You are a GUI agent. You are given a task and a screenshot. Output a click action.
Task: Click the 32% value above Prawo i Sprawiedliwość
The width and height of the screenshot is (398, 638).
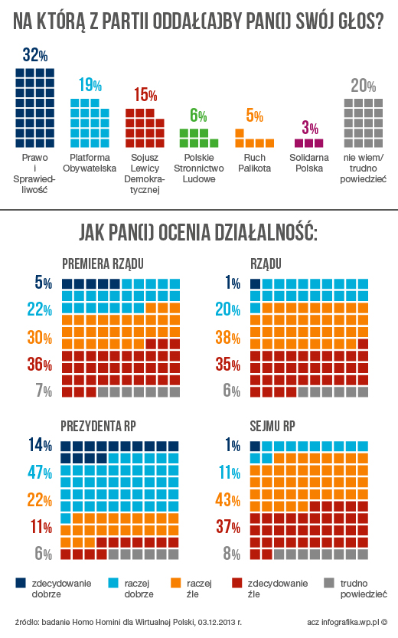point(35,54)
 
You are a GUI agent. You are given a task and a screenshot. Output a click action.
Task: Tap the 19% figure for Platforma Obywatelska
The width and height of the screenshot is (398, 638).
point(90,85)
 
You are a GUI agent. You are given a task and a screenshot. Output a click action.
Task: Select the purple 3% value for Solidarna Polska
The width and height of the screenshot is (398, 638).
point(310,128)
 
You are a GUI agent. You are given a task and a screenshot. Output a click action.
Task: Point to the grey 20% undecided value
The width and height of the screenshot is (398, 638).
point(364,86)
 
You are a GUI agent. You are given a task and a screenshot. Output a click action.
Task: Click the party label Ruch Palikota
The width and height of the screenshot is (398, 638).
point(255,162)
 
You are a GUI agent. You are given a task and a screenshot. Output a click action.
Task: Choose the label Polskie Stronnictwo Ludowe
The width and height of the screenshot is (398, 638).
point(199,168)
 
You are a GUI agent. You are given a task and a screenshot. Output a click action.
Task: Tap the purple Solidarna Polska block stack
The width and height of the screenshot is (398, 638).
point(309,142)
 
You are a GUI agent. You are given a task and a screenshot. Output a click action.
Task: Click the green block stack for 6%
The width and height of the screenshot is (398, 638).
point(199,138)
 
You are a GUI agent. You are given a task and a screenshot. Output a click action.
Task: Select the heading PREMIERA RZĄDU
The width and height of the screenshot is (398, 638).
point(103,264)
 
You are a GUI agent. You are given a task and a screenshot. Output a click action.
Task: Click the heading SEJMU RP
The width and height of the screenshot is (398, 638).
point(272,426)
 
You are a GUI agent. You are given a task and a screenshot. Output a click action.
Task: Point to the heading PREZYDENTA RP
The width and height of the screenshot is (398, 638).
point(99,426)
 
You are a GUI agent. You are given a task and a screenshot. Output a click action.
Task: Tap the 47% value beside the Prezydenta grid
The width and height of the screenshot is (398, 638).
point(40,473)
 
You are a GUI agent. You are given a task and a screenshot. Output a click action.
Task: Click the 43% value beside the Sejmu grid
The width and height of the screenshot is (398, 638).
point(227,499)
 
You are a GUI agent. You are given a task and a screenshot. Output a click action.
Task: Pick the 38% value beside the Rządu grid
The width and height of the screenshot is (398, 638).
point(227,337)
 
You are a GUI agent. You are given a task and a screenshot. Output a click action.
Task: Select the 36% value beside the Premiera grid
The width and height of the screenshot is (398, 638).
point(40,364)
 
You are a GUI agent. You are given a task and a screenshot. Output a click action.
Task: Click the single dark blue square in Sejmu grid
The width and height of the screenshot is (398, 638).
point(255,446)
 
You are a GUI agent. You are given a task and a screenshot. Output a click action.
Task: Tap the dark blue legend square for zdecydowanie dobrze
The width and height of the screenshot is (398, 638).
point(21,583)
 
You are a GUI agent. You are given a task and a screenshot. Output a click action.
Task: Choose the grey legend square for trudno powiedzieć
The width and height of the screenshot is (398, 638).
point(329,583)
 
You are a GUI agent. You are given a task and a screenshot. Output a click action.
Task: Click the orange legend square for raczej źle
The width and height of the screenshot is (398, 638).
point(175,583)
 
